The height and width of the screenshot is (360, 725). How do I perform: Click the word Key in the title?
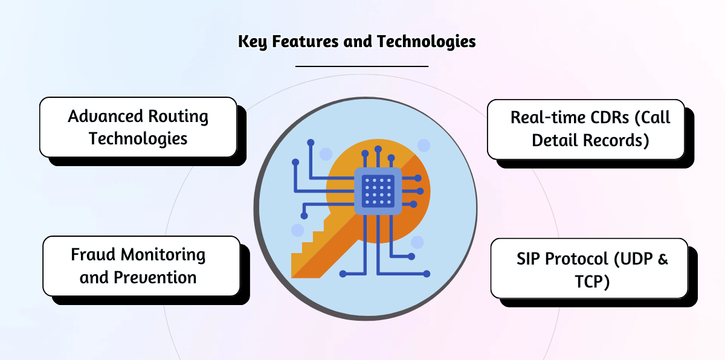(250, 42)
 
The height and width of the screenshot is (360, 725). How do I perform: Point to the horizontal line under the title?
(362, 66)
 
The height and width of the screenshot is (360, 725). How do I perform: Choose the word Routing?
(178, 117)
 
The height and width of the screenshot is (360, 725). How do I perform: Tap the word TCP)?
(590, 281)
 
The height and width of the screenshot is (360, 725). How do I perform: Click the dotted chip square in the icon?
(378, 191)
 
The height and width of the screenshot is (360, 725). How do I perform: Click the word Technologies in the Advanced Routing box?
(138, 138)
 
